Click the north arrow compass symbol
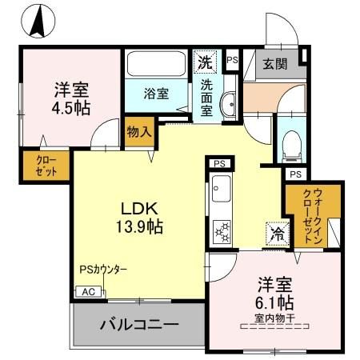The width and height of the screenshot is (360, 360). pyautogui.click(x=37, y=22)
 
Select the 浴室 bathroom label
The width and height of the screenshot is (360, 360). pyautogui.click(x=156, y=94)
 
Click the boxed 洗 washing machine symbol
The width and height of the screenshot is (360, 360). pyautogui.click(x=205, y=62)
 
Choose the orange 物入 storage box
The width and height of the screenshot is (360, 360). pyautogui.click(x=138, y=133)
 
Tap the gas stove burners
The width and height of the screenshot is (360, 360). pyautogui.click(x=220, y=231)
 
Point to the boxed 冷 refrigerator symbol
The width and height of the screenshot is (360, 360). pyautogui.click(x=274, y=234)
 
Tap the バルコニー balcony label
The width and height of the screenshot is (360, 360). pyautogui.click(x=138, y=325)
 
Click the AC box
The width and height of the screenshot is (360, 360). pyautogui.click(x=87, y=292)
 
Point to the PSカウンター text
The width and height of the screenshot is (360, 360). pyautogui.click(x=103, y=270)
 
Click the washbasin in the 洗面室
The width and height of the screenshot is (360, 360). pyautogui.click(x=226, y=102)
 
